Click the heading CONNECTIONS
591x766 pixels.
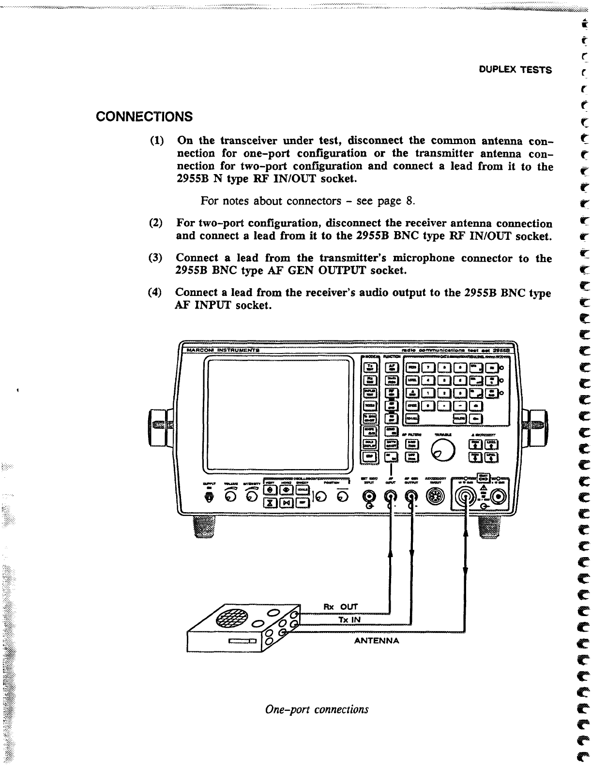point(144,117)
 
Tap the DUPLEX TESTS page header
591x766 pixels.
point(515,70)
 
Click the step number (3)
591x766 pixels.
point(156,258)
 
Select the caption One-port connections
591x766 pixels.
point(317,709)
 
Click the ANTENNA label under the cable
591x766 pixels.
point(377,641)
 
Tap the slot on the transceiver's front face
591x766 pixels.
point(243,641)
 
